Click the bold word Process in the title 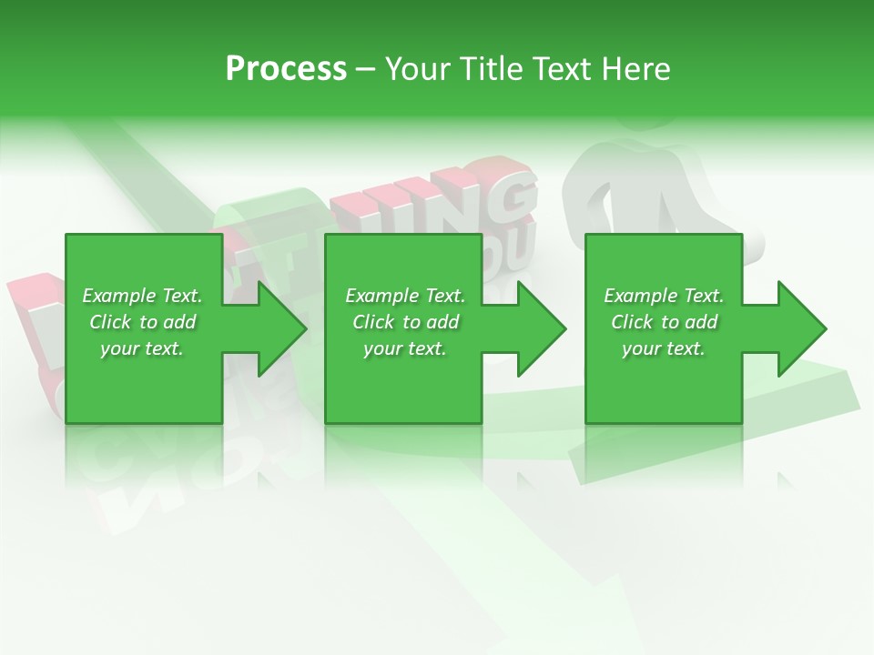286,68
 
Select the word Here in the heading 635,68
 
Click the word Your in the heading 417,68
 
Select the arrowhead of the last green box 800,328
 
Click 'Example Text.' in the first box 142,296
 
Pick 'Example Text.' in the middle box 405,296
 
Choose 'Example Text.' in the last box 664,296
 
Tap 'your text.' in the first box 142,348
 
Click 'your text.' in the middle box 405,348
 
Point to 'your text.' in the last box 664,348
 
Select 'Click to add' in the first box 142,322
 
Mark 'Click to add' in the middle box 405,322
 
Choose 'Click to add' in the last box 664,322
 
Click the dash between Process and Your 366,69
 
